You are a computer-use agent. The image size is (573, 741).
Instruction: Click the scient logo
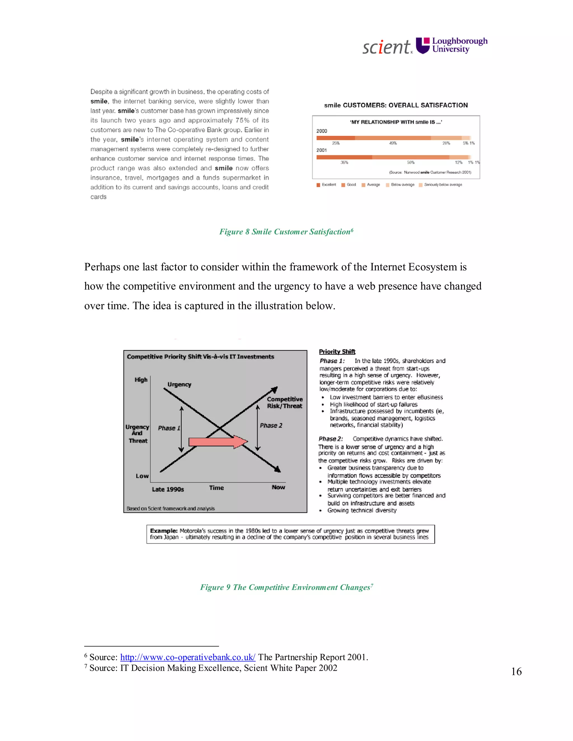387,47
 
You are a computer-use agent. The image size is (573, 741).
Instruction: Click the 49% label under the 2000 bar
393,143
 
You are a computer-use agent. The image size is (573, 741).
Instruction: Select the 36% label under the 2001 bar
344,162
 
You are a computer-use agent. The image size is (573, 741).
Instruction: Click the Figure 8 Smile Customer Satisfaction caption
286,232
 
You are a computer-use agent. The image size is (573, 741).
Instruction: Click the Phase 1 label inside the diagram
169,428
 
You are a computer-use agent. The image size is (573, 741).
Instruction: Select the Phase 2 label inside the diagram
271,426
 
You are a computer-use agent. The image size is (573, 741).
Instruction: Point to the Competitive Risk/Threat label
285,403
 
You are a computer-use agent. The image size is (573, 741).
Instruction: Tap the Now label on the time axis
278,487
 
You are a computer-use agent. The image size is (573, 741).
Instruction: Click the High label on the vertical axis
141,380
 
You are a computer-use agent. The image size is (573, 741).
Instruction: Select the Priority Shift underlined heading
337,352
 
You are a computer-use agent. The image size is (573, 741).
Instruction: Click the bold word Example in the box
164,531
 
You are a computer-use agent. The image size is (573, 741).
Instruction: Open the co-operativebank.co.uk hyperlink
188,657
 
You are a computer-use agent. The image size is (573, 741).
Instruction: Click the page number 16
516,671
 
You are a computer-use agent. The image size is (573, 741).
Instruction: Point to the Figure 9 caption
286,587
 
